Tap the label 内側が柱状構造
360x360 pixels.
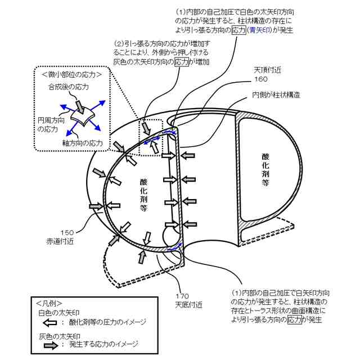pos(275,95)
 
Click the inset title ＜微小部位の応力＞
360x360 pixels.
pos(71,73)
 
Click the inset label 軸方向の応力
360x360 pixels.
pos(83,143)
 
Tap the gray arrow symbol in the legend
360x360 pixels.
pos(51,344)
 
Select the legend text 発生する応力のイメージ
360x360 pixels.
pos(104,344)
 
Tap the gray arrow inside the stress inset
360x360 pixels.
pos(80,102)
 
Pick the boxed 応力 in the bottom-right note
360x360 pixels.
pos(294,320)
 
